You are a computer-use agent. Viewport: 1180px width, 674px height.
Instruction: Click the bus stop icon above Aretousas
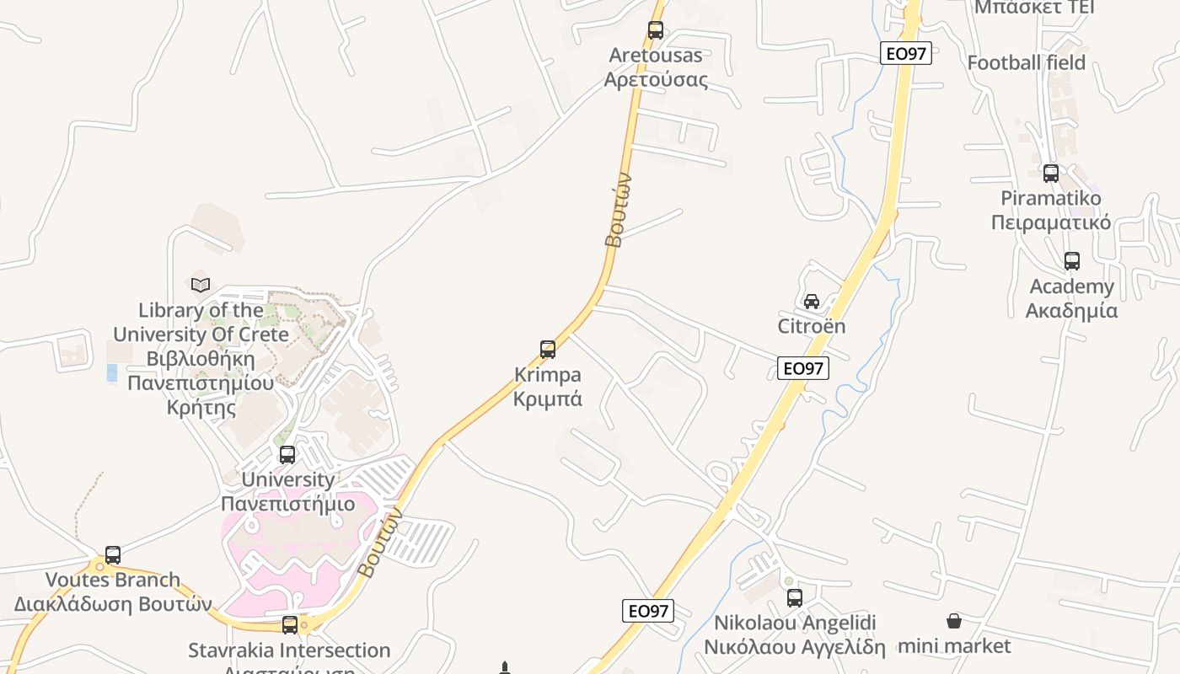pyautogui.click(x=656, y=30)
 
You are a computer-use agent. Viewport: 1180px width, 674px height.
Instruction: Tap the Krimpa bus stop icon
pyautogui.click(x=548, y=349)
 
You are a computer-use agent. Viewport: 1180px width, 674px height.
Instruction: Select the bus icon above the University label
pyautogui.click(x=287, y=455)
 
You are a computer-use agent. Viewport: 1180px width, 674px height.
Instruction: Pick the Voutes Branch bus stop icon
pyautogui.click(x=113, y=555)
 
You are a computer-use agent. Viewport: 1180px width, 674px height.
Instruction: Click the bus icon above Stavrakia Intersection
pyautogui.click(x=290, y=625)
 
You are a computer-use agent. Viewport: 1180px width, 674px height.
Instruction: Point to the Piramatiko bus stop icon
pyautogui.click(x=1051, y=174)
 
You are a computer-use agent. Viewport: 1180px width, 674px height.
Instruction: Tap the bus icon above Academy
pyautogui.click(x=1072, y=261)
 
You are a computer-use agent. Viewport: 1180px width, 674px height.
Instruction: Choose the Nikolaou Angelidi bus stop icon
pyautogui.click(x=795, y=598)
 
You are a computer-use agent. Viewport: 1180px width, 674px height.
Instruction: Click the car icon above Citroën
pyautogui.click(x=812, y=301)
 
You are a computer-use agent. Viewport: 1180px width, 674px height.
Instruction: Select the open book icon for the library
pyautogui.click(x=201, y=285)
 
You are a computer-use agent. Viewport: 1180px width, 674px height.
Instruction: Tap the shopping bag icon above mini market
pyautogui.click(x=954, y=621)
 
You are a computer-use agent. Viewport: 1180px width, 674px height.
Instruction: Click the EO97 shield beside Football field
pyautogui.click(x=906, y=54)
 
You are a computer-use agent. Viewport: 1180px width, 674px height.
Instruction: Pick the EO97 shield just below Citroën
pyautogui.click(x=803, y=367)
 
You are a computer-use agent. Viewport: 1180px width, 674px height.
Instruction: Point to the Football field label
pyautogui.click(x=1027, y=62)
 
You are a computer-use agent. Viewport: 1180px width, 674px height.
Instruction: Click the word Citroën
pyautogui.click(x=811, y=326)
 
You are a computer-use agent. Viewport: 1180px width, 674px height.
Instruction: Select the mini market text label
pyautogui.click(x=954, y=646)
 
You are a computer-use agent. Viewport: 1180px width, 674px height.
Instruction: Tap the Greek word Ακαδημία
pyautogui.click(x=1072, y=310)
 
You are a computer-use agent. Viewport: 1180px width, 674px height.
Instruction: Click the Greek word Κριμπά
pyautogui.click(x=548, y=399)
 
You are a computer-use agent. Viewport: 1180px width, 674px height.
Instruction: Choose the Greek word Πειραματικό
pyautogui.click(x=1051, y=222)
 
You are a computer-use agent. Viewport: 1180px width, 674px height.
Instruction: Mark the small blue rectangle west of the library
pyautogui.click(x=112, y=372)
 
